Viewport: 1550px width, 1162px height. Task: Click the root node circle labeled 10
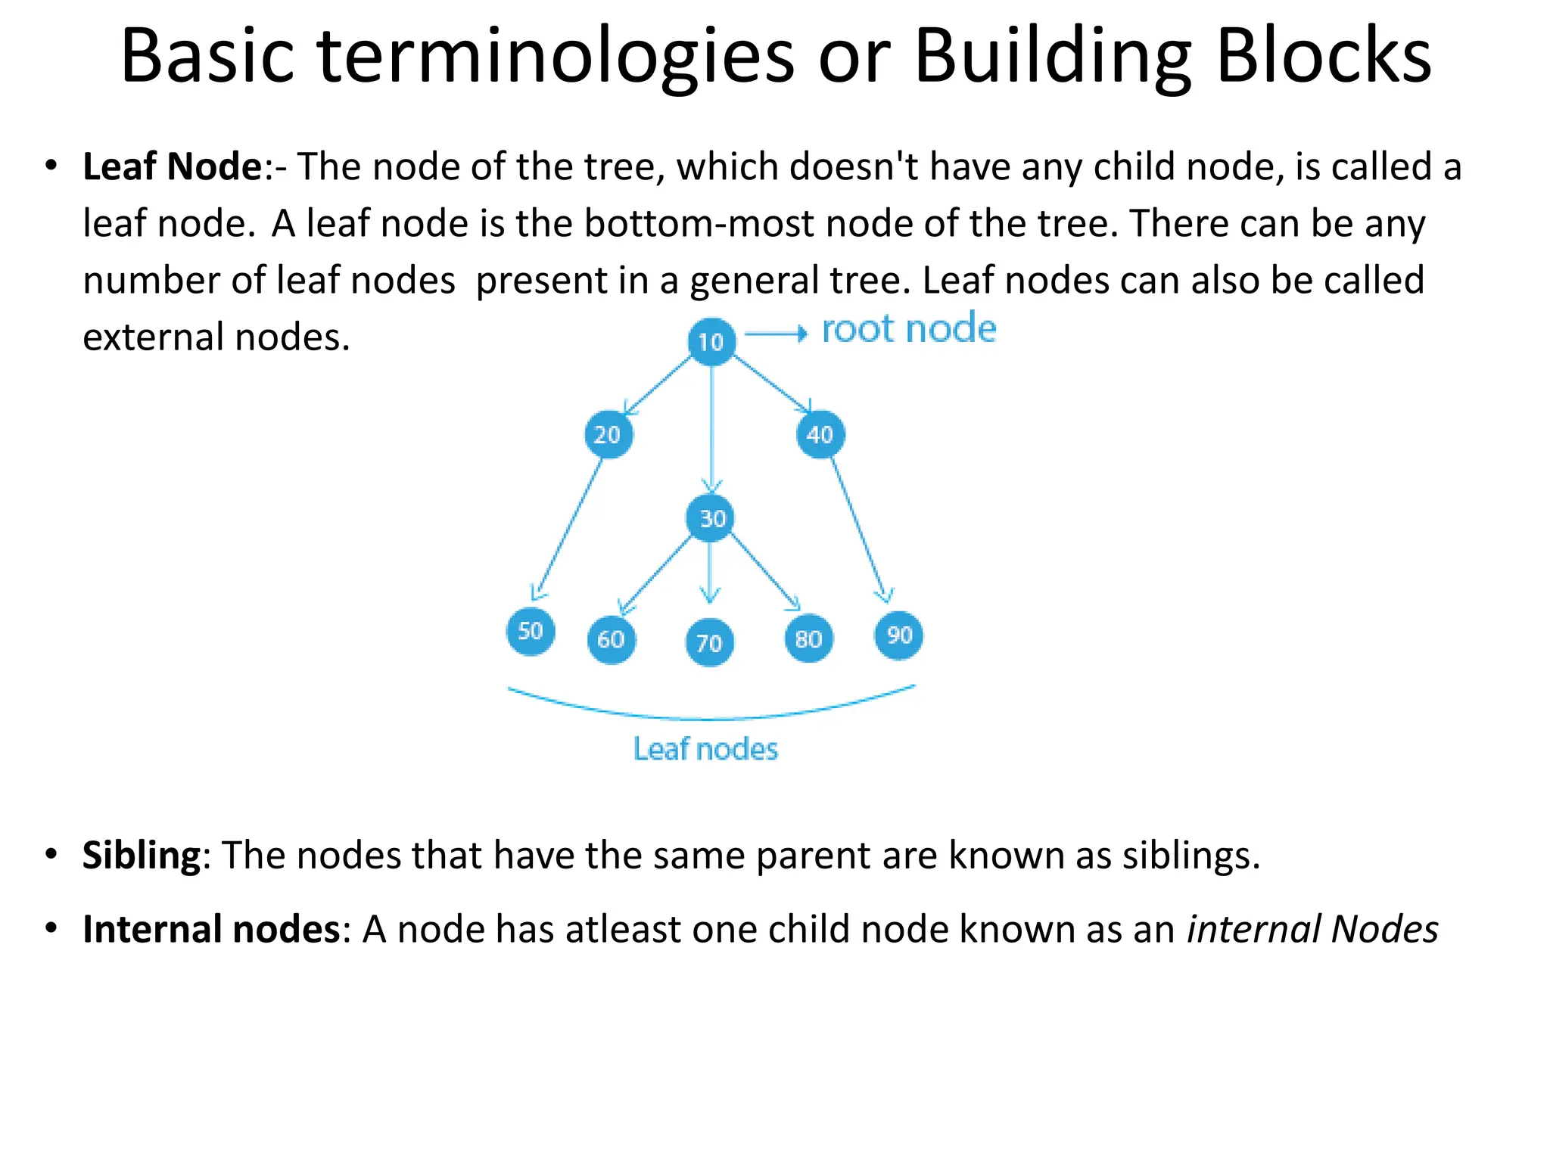711,342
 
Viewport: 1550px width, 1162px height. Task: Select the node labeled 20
608,434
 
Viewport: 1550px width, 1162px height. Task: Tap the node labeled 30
710,518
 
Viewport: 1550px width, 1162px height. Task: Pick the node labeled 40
820,434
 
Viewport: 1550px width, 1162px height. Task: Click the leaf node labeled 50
531,631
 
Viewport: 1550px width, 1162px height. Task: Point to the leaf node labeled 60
611,639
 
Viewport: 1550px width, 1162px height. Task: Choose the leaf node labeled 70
709,643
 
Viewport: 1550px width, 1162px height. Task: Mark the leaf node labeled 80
808,639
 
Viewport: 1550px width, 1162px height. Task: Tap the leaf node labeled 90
898,635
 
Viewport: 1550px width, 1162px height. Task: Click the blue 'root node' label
909,329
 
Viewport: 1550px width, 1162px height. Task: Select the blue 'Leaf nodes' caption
705,749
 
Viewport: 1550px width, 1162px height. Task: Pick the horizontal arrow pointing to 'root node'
776,334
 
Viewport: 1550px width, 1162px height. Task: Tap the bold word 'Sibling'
142,856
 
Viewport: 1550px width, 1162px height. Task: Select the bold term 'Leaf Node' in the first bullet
172,166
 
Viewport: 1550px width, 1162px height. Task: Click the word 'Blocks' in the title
1324,56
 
